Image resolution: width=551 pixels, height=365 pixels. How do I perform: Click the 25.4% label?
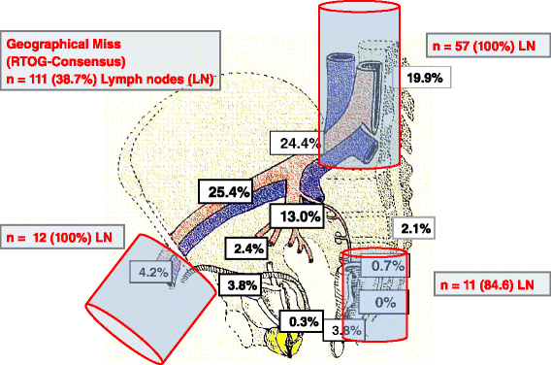click(x=226, y=191)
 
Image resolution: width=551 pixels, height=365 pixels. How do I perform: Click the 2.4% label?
click(x=246, y=249)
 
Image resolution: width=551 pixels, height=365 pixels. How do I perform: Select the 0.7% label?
click(x=385, y=265)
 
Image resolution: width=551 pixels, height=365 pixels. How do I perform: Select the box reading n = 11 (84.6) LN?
click(x=483, y=283)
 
